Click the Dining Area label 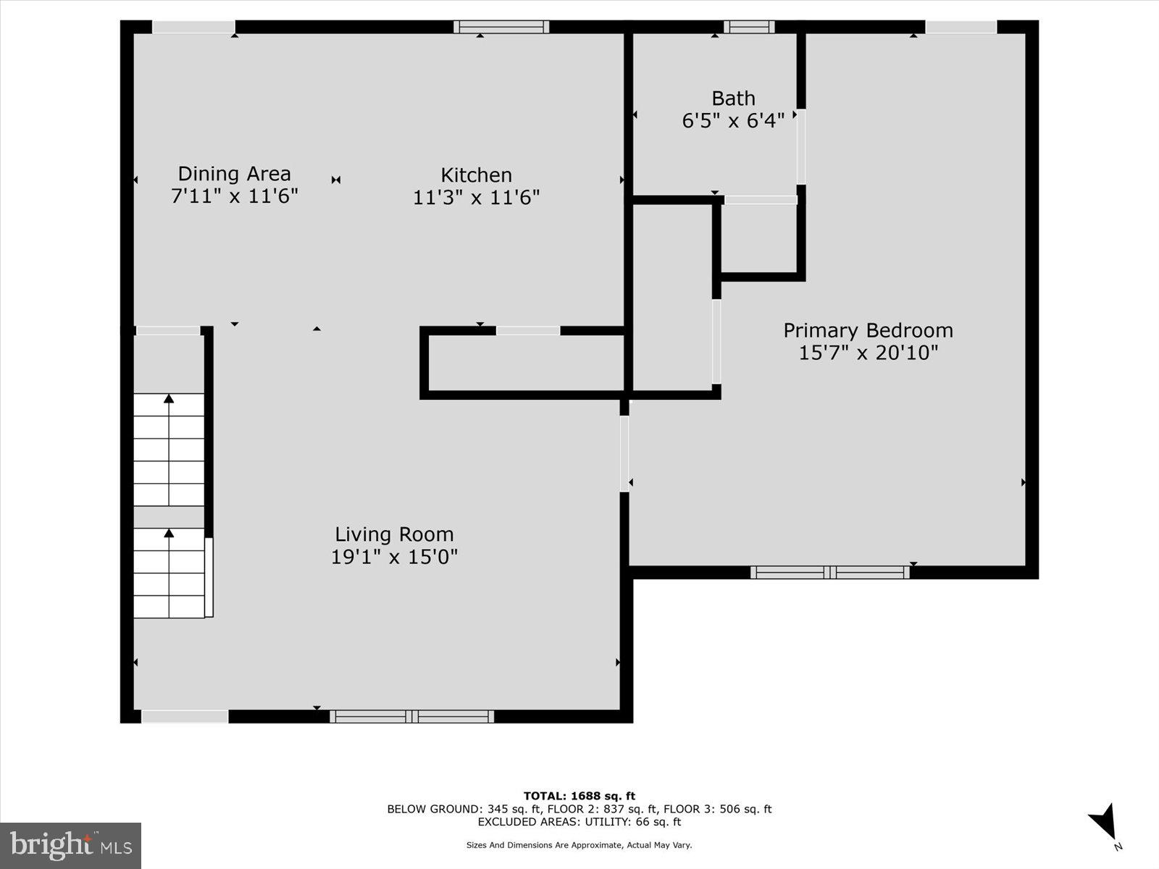pos(234,174)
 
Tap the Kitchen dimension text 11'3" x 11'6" pos(476,197)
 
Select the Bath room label pos(733,98)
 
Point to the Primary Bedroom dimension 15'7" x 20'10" pos(868,353)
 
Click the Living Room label pos(394,534)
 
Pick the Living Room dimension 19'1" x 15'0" pos(394,557)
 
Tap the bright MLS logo pos(70,845)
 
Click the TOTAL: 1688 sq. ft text pos(579,796)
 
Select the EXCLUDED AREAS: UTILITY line pos(579,822)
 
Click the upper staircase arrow pos(169,398)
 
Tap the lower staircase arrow pos(169,533)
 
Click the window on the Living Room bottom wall pos(411,716)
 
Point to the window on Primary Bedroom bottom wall pos(829,572)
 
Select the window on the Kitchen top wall pos(501,27)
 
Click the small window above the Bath pos(748,27)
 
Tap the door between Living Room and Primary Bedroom pos(624,453)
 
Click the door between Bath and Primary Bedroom pos(800,146)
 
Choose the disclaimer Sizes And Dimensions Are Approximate pos(579,845)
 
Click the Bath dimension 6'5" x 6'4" pos(733,121)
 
